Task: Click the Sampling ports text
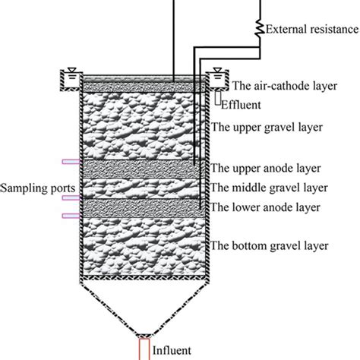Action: tap(30, 186)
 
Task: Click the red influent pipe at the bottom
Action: tap(143, 347)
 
